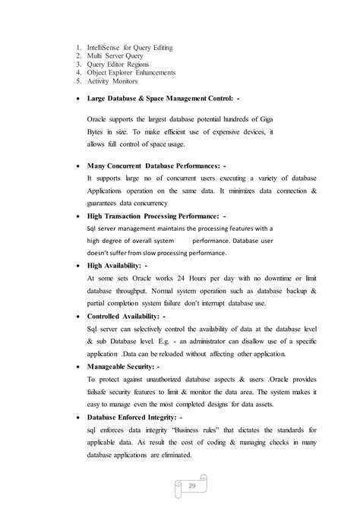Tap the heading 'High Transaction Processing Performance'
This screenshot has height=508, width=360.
(x=157, y=216)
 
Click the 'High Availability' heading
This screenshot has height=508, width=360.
(x=121, y=267)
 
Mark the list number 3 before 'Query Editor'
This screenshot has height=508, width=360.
(x=78, y=65)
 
